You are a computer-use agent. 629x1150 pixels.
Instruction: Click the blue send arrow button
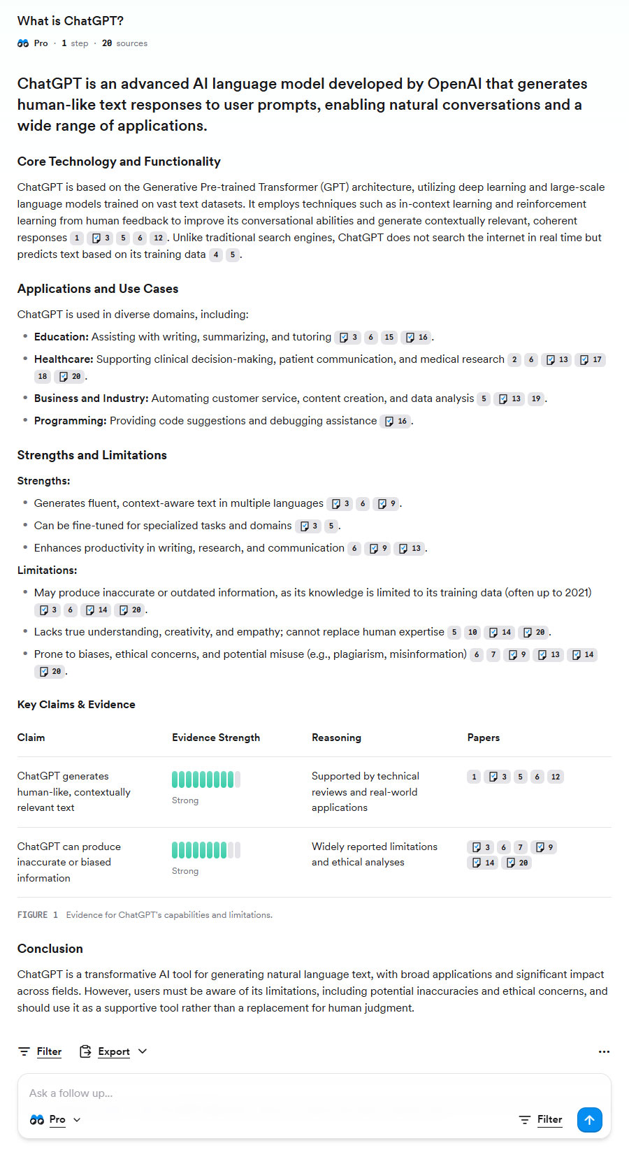(589, 1119)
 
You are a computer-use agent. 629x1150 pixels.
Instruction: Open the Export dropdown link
(113, 1051)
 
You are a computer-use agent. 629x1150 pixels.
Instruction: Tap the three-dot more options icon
(604, 1051)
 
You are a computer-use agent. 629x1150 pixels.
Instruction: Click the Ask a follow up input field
(280, 1093)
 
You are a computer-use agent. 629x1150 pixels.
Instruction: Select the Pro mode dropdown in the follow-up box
(56, 1119)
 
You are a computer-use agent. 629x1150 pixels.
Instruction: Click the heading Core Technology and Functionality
(119, 161)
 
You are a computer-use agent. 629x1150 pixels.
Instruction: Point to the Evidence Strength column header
(216, 738)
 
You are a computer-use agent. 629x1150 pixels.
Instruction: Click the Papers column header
(484, 738)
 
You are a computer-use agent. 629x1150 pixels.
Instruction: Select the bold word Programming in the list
(70, 421)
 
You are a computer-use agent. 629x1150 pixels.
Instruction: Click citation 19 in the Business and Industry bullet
(536, 398)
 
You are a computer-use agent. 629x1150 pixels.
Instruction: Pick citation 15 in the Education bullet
(389, 337)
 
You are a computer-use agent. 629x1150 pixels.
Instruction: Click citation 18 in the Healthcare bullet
(43, 376)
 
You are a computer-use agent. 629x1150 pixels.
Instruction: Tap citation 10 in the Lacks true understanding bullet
(472, 632)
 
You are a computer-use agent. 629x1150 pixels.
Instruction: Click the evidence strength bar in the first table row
(206, 779)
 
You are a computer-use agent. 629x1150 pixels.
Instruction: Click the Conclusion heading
(50, 949)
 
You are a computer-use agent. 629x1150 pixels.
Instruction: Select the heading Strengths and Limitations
(92, 455)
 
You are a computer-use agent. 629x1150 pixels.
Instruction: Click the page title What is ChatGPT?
(71, 21)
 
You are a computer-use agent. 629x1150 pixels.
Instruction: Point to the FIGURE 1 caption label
(38, 915)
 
